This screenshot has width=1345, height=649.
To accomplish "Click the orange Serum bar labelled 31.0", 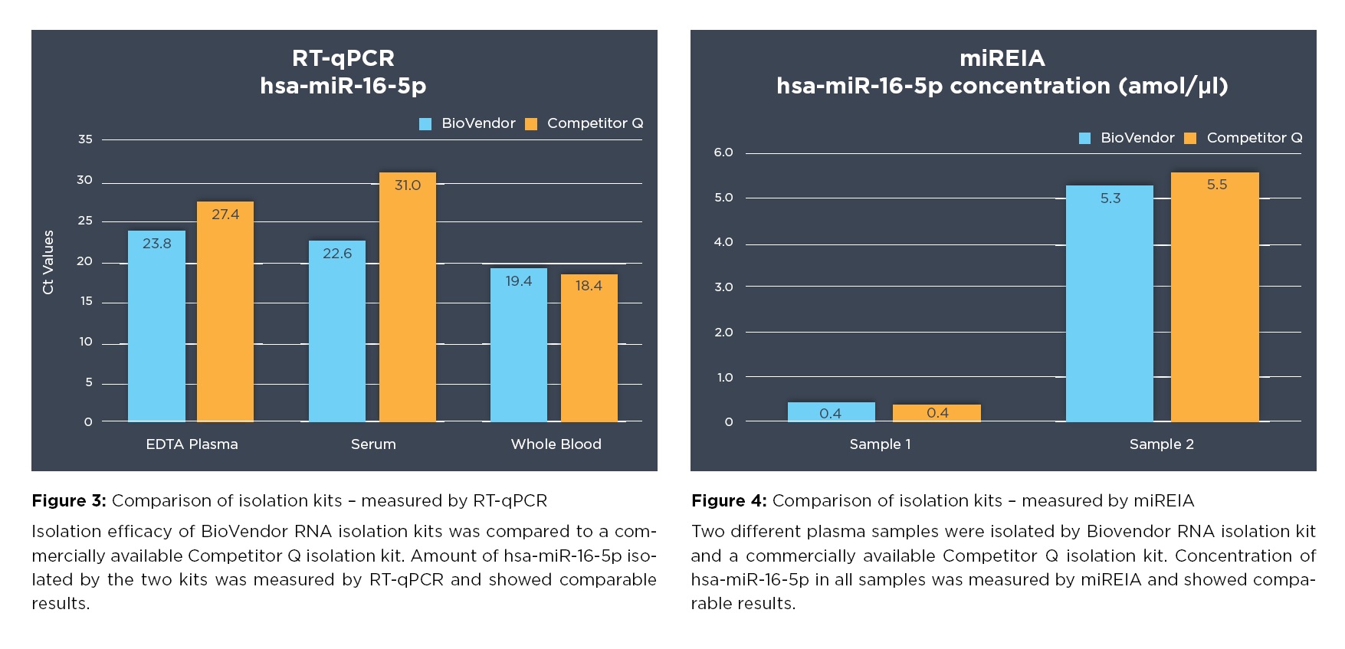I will tap(408, 299).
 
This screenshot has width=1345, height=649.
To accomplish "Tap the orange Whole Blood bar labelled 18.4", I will tap(589, 349).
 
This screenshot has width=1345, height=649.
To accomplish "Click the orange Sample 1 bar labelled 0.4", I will tap(937, 413).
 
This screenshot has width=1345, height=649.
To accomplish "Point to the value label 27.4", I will tap(225, 215).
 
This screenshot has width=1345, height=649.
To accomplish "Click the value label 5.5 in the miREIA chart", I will tap(1216, 185).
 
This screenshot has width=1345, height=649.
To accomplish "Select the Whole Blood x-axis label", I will tap(556, 444).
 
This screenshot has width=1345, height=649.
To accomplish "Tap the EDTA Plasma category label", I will tap(192, 444).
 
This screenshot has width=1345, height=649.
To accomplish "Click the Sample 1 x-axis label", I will tap(880, 444).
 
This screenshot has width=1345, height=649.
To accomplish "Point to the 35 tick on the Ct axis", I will tap(85, 139).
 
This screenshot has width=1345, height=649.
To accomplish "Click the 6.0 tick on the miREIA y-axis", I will tap(723, 152).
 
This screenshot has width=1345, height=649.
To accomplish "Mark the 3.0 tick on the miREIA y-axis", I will tap(723, 287).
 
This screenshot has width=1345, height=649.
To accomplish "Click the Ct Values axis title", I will tap(48, 262).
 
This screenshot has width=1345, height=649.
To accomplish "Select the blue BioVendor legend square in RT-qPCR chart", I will tap(425, 124).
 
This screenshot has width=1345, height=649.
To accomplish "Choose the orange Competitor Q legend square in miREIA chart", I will tap(1190, 139).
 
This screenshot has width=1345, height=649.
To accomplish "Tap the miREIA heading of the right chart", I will tap(1002, 58).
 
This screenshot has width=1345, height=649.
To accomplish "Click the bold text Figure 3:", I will tap(69, 501).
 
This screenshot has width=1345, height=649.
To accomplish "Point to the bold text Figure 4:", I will tap(729, 501).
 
